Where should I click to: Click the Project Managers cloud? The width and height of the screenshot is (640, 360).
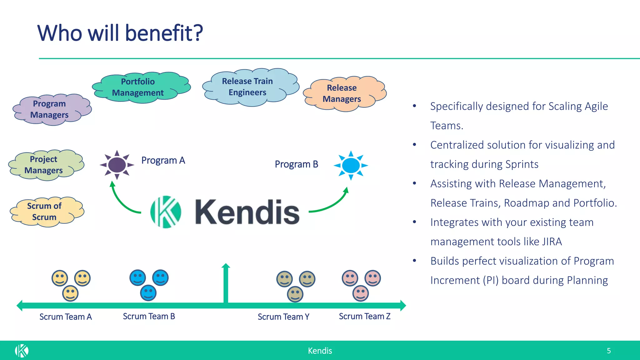pos(45,165)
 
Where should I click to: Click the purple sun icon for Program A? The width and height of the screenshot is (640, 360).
pos(117,165)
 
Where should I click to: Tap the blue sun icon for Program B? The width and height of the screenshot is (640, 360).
pos(351,165)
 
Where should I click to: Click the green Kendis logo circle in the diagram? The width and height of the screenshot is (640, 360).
pos(166,212)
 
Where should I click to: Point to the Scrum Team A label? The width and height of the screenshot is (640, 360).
pos(65,317)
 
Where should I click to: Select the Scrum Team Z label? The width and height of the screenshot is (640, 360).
pos(364,317)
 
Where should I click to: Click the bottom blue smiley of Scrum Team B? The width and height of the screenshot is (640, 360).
pos(148,293)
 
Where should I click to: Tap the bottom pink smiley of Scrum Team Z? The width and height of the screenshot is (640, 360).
pos(361,293)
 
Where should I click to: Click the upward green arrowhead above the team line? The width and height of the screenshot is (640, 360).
pos(226,266)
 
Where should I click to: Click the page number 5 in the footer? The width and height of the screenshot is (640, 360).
pos(608,351)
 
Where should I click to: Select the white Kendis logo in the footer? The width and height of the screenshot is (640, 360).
pos(22,351)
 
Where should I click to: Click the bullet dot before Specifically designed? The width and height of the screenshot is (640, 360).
pos(414,106)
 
